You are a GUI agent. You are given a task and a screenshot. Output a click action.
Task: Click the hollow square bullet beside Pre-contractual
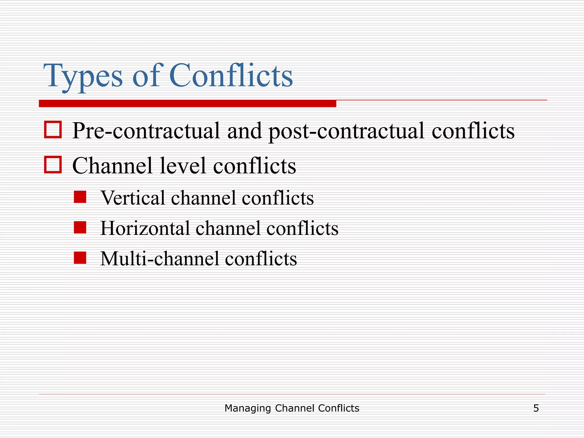53,130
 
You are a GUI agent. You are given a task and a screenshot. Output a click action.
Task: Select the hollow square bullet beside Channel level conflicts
53,165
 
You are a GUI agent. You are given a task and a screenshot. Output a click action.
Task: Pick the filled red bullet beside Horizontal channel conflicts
80,228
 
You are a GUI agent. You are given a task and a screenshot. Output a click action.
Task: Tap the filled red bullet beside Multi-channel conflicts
80,258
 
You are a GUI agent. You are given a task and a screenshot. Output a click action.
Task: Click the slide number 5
536,408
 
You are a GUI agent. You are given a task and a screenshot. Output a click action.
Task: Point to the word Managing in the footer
248,409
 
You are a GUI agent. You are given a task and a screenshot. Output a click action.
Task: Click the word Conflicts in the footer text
338,408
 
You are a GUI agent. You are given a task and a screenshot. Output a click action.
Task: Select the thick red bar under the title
187,104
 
